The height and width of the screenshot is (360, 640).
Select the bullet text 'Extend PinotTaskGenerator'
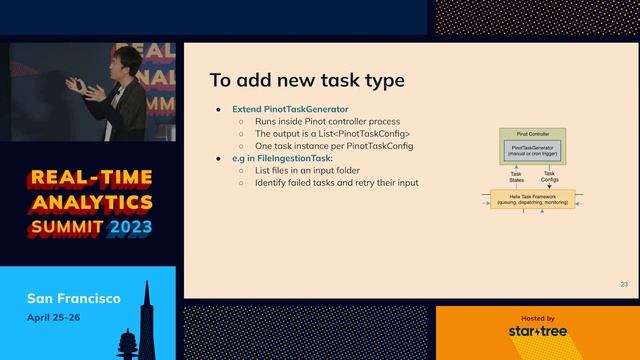pos(283,108)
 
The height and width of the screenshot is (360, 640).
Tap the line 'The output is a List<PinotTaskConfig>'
pos(332,134)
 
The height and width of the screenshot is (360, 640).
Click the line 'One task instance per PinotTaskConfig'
pos(333,146)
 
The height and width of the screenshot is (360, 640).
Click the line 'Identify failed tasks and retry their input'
pos(336,183)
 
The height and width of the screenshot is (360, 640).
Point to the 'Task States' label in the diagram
pos(516,176)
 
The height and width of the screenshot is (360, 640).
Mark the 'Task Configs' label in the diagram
pos(550,176)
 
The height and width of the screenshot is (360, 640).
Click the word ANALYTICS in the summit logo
pos(89,203)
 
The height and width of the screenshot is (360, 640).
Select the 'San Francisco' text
pos(74,299)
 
